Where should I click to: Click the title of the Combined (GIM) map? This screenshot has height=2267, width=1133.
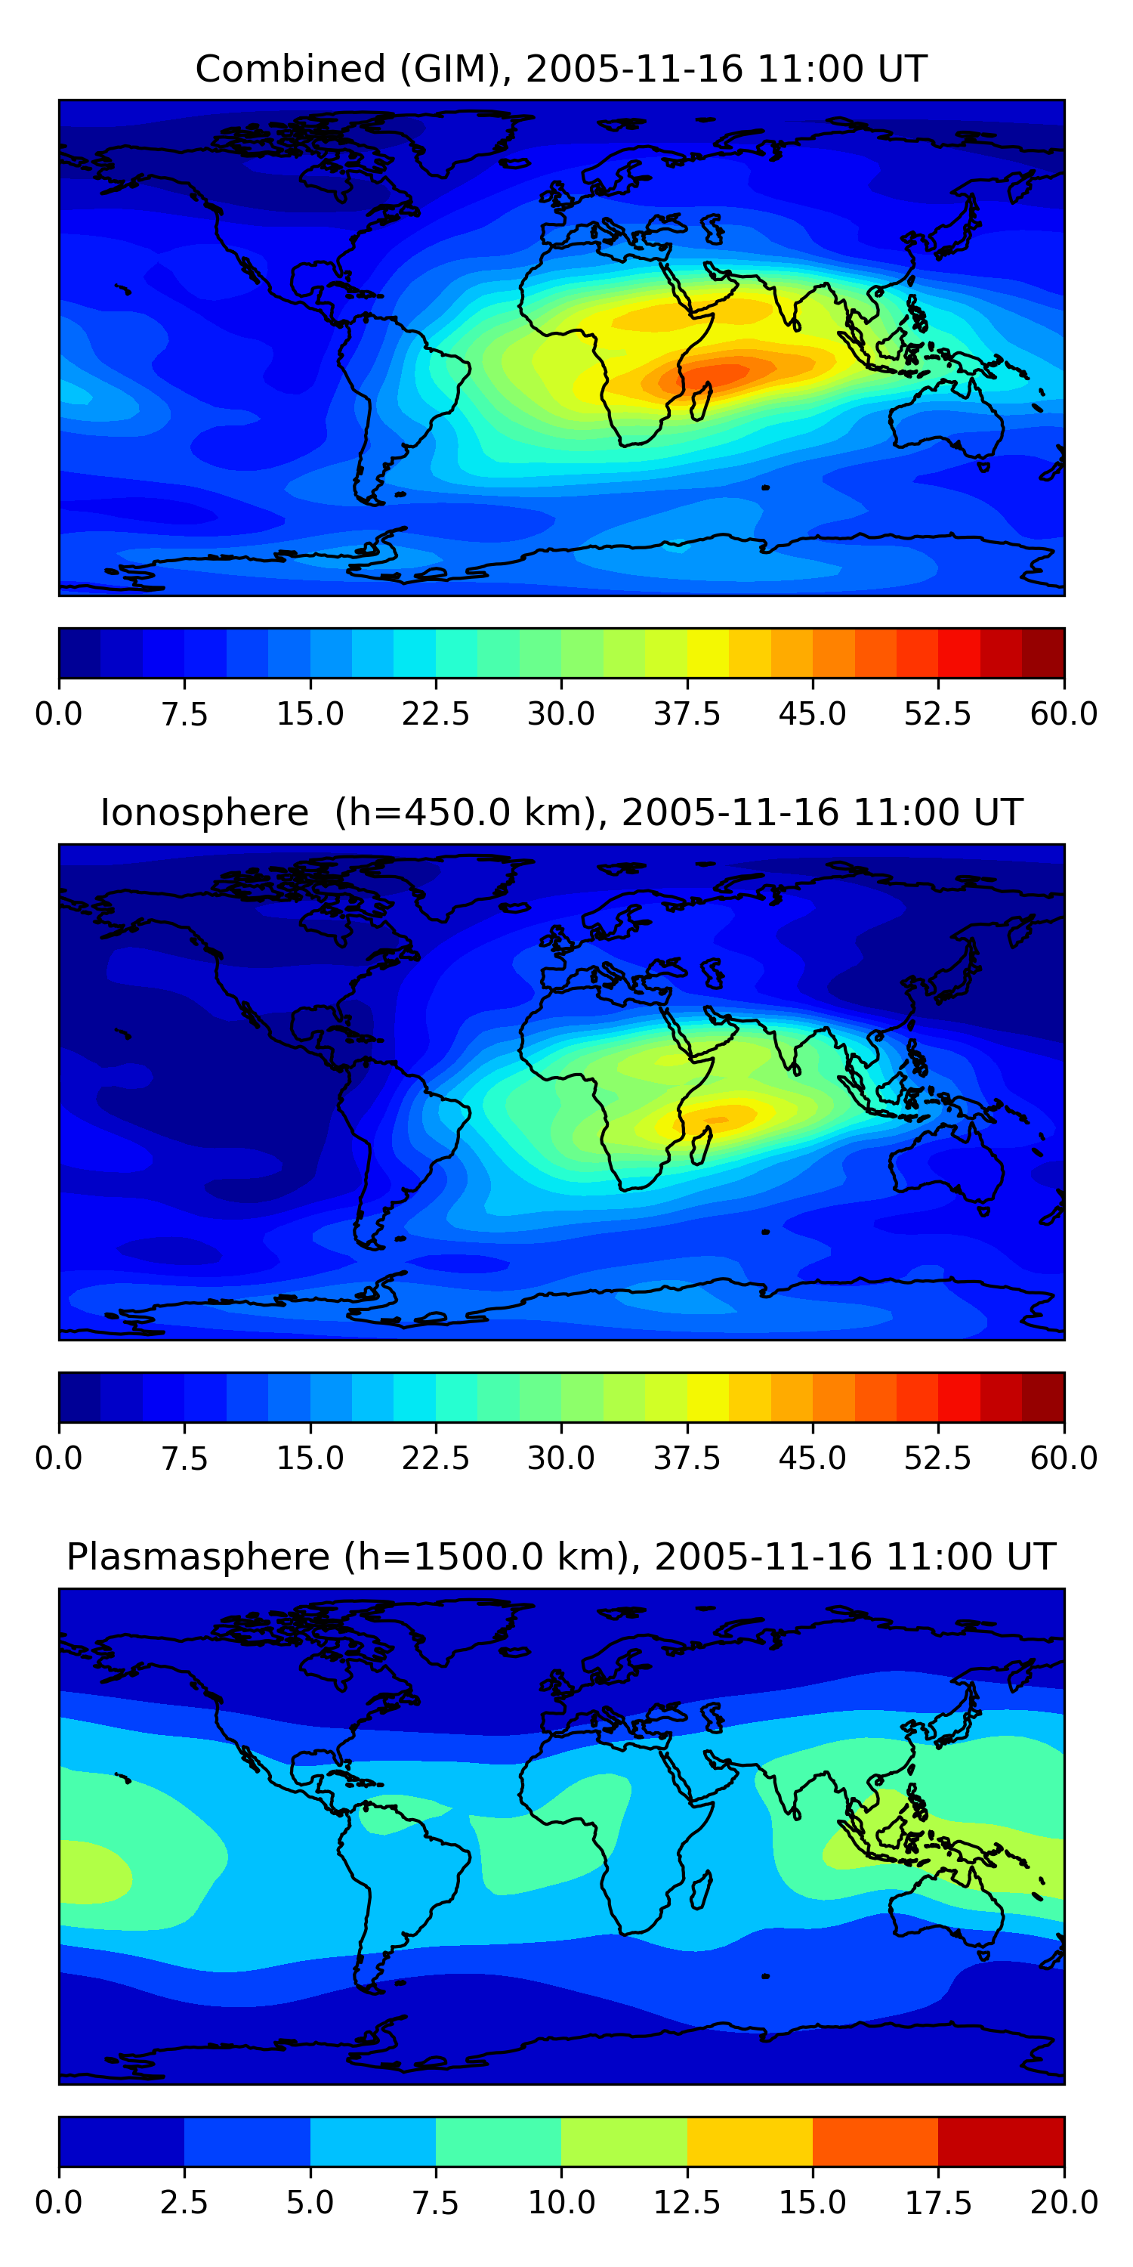561,69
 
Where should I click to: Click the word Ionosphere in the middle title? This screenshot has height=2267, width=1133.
205,812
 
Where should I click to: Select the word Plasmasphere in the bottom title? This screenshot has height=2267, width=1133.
198,1557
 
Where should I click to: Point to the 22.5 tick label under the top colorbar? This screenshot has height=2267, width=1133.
435,713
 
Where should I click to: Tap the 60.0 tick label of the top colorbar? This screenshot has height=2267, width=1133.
1064,713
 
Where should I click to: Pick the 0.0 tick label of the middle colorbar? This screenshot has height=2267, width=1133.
59,1458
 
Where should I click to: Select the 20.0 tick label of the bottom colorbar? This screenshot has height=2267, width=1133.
1064,2203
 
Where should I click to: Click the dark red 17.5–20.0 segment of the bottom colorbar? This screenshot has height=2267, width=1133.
1001,2141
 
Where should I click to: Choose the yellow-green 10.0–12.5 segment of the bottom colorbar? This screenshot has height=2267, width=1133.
624,2141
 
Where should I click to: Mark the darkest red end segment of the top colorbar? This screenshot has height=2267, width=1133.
1043,653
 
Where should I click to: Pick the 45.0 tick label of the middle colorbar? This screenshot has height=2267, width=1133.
813,1458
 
